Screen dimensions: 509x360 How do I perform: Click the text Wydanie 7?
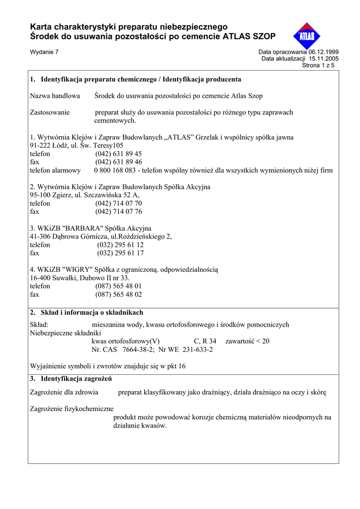44,52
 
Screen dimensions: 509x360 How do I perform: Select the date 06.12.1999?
323,52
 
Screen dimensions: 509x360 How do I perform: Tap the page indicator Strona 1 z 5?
318,65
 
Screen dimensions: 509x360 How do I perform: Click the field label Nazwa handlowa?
55,96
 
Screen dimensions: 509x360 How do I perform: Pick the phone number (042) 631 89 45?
118,154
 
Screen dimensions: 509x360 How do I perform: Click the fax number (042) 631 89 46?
118,162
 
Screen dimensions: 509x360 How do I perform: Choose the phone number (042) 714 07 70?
118,203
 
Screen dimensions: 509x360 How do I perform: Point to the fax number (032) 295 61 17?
120,253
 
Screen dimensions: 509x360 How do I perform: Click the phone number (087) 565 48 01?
118,286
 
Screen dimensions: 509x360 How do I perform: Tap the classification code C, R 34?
205,341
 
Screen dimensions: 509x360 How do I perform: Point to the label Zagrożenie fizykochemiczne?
72,409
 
